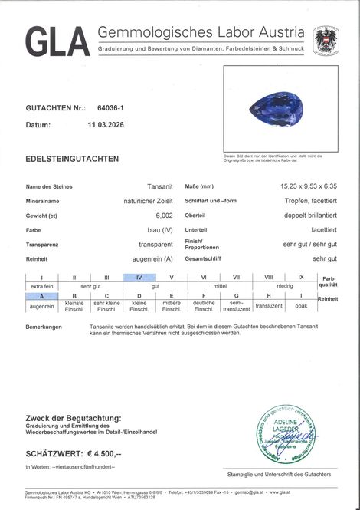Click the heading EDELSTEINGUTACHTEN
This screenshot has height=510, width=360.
pos(72,159)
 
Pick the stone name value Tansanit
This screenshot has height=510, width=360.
pos(159,186)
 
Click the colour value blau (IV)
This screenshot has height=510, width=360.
pos(159,229)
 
